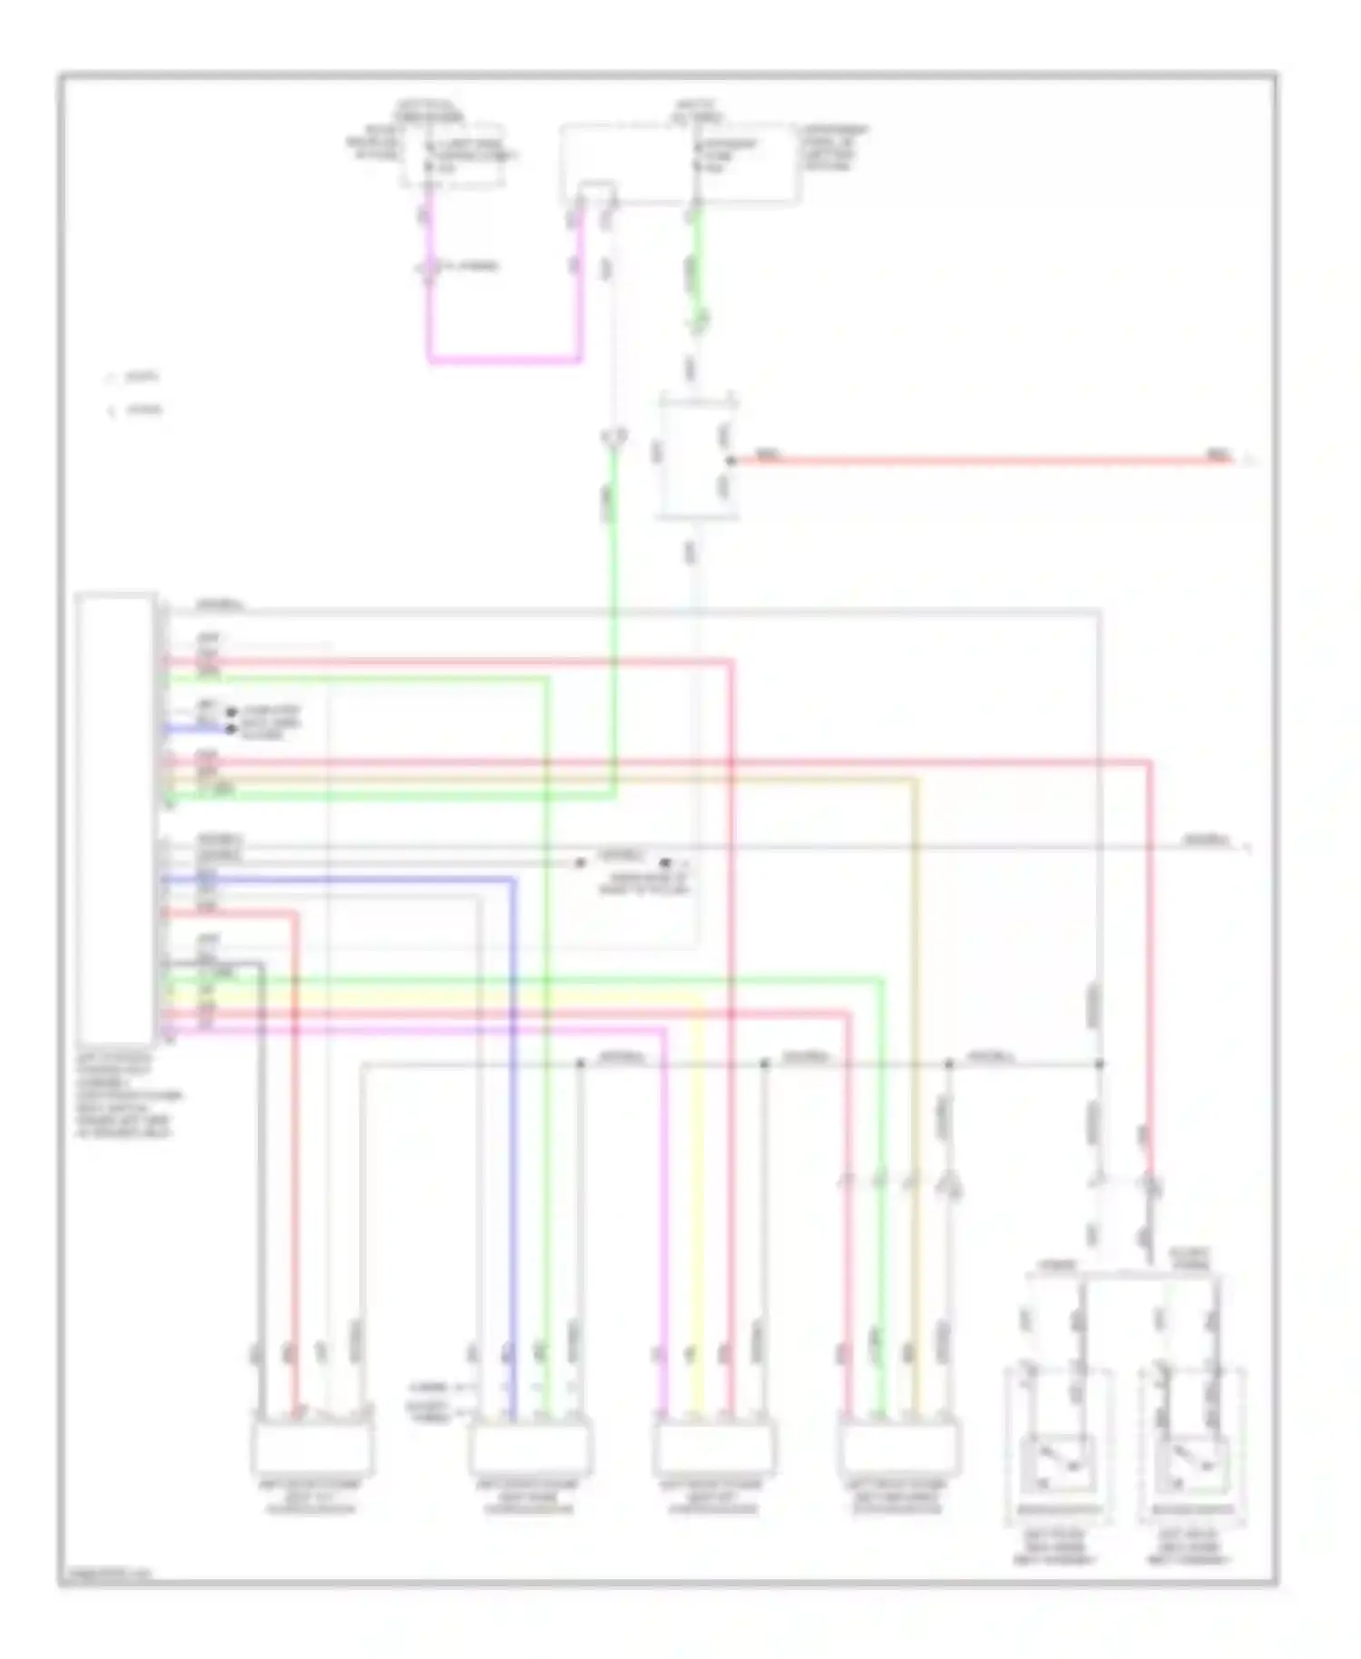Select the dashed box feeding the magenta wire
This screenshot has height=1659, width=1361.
(x=453, y=155)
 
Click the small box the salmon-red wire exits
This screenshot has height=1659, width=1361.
(x=697, y=458)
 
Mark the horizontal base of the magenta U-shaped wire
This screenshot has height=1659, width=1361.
(x=504, y=359)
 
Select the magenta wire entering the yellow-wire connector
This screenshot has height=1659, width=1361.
(x=665, y=1225)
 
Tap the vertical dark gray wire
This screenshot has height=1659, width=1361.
(x=261, y=1180)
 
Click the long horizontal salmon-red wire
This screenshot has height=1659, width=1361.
(x=980, y=461)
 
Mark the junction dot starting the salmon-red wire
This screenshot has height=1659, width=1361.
(x=731, y=461)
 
